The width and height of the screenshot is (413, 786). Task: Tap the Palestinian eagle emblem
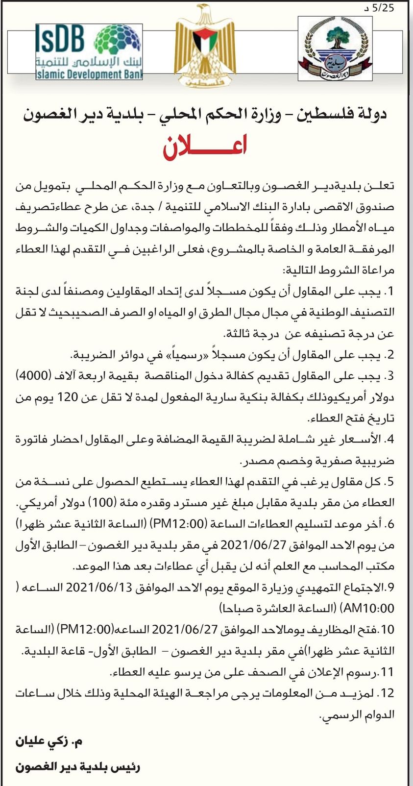(x=206, y=47)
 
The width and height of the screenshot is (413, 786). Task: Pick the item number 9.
(x=390, y=587)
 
